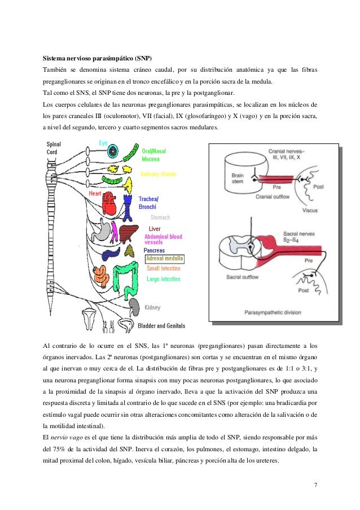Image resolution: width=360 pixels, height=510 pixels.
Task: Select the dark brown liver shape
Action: click(129, 233)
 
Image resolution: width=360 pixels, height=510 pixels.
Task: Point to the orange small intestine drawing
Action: click(102, 274)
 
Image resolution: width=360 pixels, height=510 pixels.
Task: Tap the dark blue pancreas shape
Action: click(130, 250)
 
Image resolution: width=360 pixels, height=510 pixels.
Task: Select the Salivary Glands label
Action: click(158, 174)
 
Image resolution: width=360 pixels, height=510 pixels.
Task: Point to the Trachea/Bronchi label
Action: click(149, 203)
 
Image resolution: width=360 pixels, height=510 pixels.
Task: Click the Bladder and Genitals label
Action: click(161, 326)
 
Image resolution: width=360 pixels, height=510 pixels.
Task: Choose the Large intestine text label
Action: click(164, 279)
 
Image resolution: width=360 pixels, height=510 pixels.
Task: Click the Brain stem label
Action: click(238, 178)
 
